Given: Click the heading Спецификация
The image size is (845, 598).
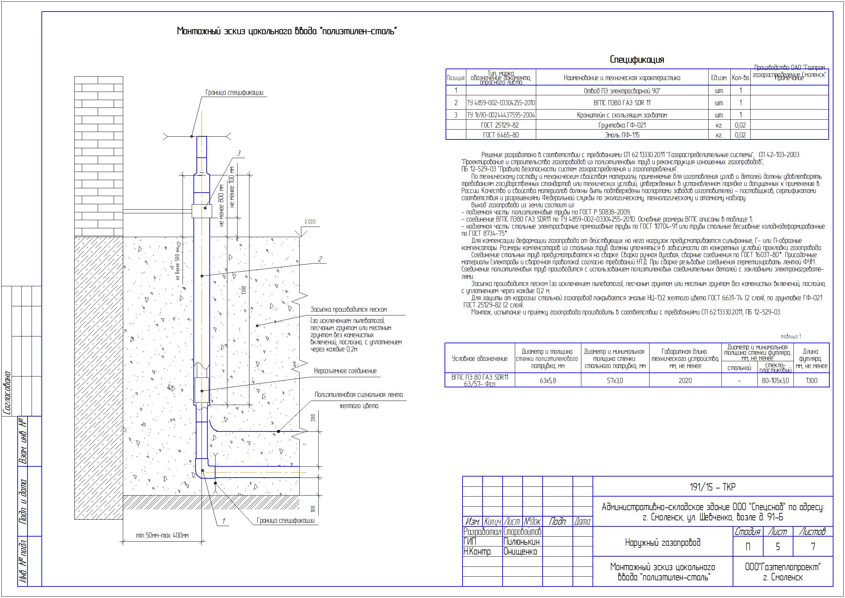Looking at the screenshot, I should [x=637, y=60].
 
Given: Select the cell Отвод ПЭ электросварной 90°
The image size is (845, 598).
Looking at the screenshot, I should [x=622, y=91].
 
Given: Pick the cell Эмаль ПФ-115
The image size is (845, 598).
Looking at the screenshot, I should [x=622, y=135].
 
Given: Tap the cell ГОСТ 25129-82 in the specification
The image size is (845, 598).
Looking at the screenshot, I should [x=500, y=125].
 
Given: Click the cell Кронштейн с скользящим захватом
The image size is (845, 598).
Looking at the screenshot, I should [x=622, y=115].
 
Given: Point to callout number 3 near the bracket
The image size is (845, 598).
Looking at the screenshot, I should [x=239, y=153].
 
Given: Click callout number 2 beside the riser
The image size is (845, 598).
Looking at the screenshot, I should [x=320, y=259].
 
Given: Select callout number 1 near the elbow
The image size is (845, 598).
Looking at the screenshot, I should [x=224, y=521].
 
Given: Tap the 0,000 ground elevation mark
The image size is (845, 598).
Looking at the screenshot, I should [x=310, y=222].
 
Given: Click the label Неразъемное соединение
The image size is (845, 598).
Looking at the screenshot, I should [x=345, y=371].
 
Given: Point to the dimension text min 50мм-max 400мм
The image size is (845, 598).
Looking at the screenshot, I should [x=162, y=535].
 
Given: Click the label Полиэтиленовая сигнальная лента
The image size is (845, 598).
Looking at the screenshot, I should [x=358, y=395].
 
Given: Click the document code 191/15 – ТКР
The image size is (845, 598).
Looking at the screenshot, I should [x=712, y=487].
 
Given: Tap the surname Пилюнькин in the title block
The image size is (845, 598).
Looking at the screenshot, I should [x=521, y=542].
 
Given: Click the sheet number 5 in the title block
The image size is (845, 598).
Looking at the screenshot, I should [x=777, y=547].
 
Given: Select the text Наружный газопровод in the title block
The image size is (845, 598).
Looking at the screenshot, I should [x=663, y=542].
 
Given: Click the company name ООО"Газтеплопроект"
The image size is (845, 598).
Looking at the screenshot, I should [x=783, y=567].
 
